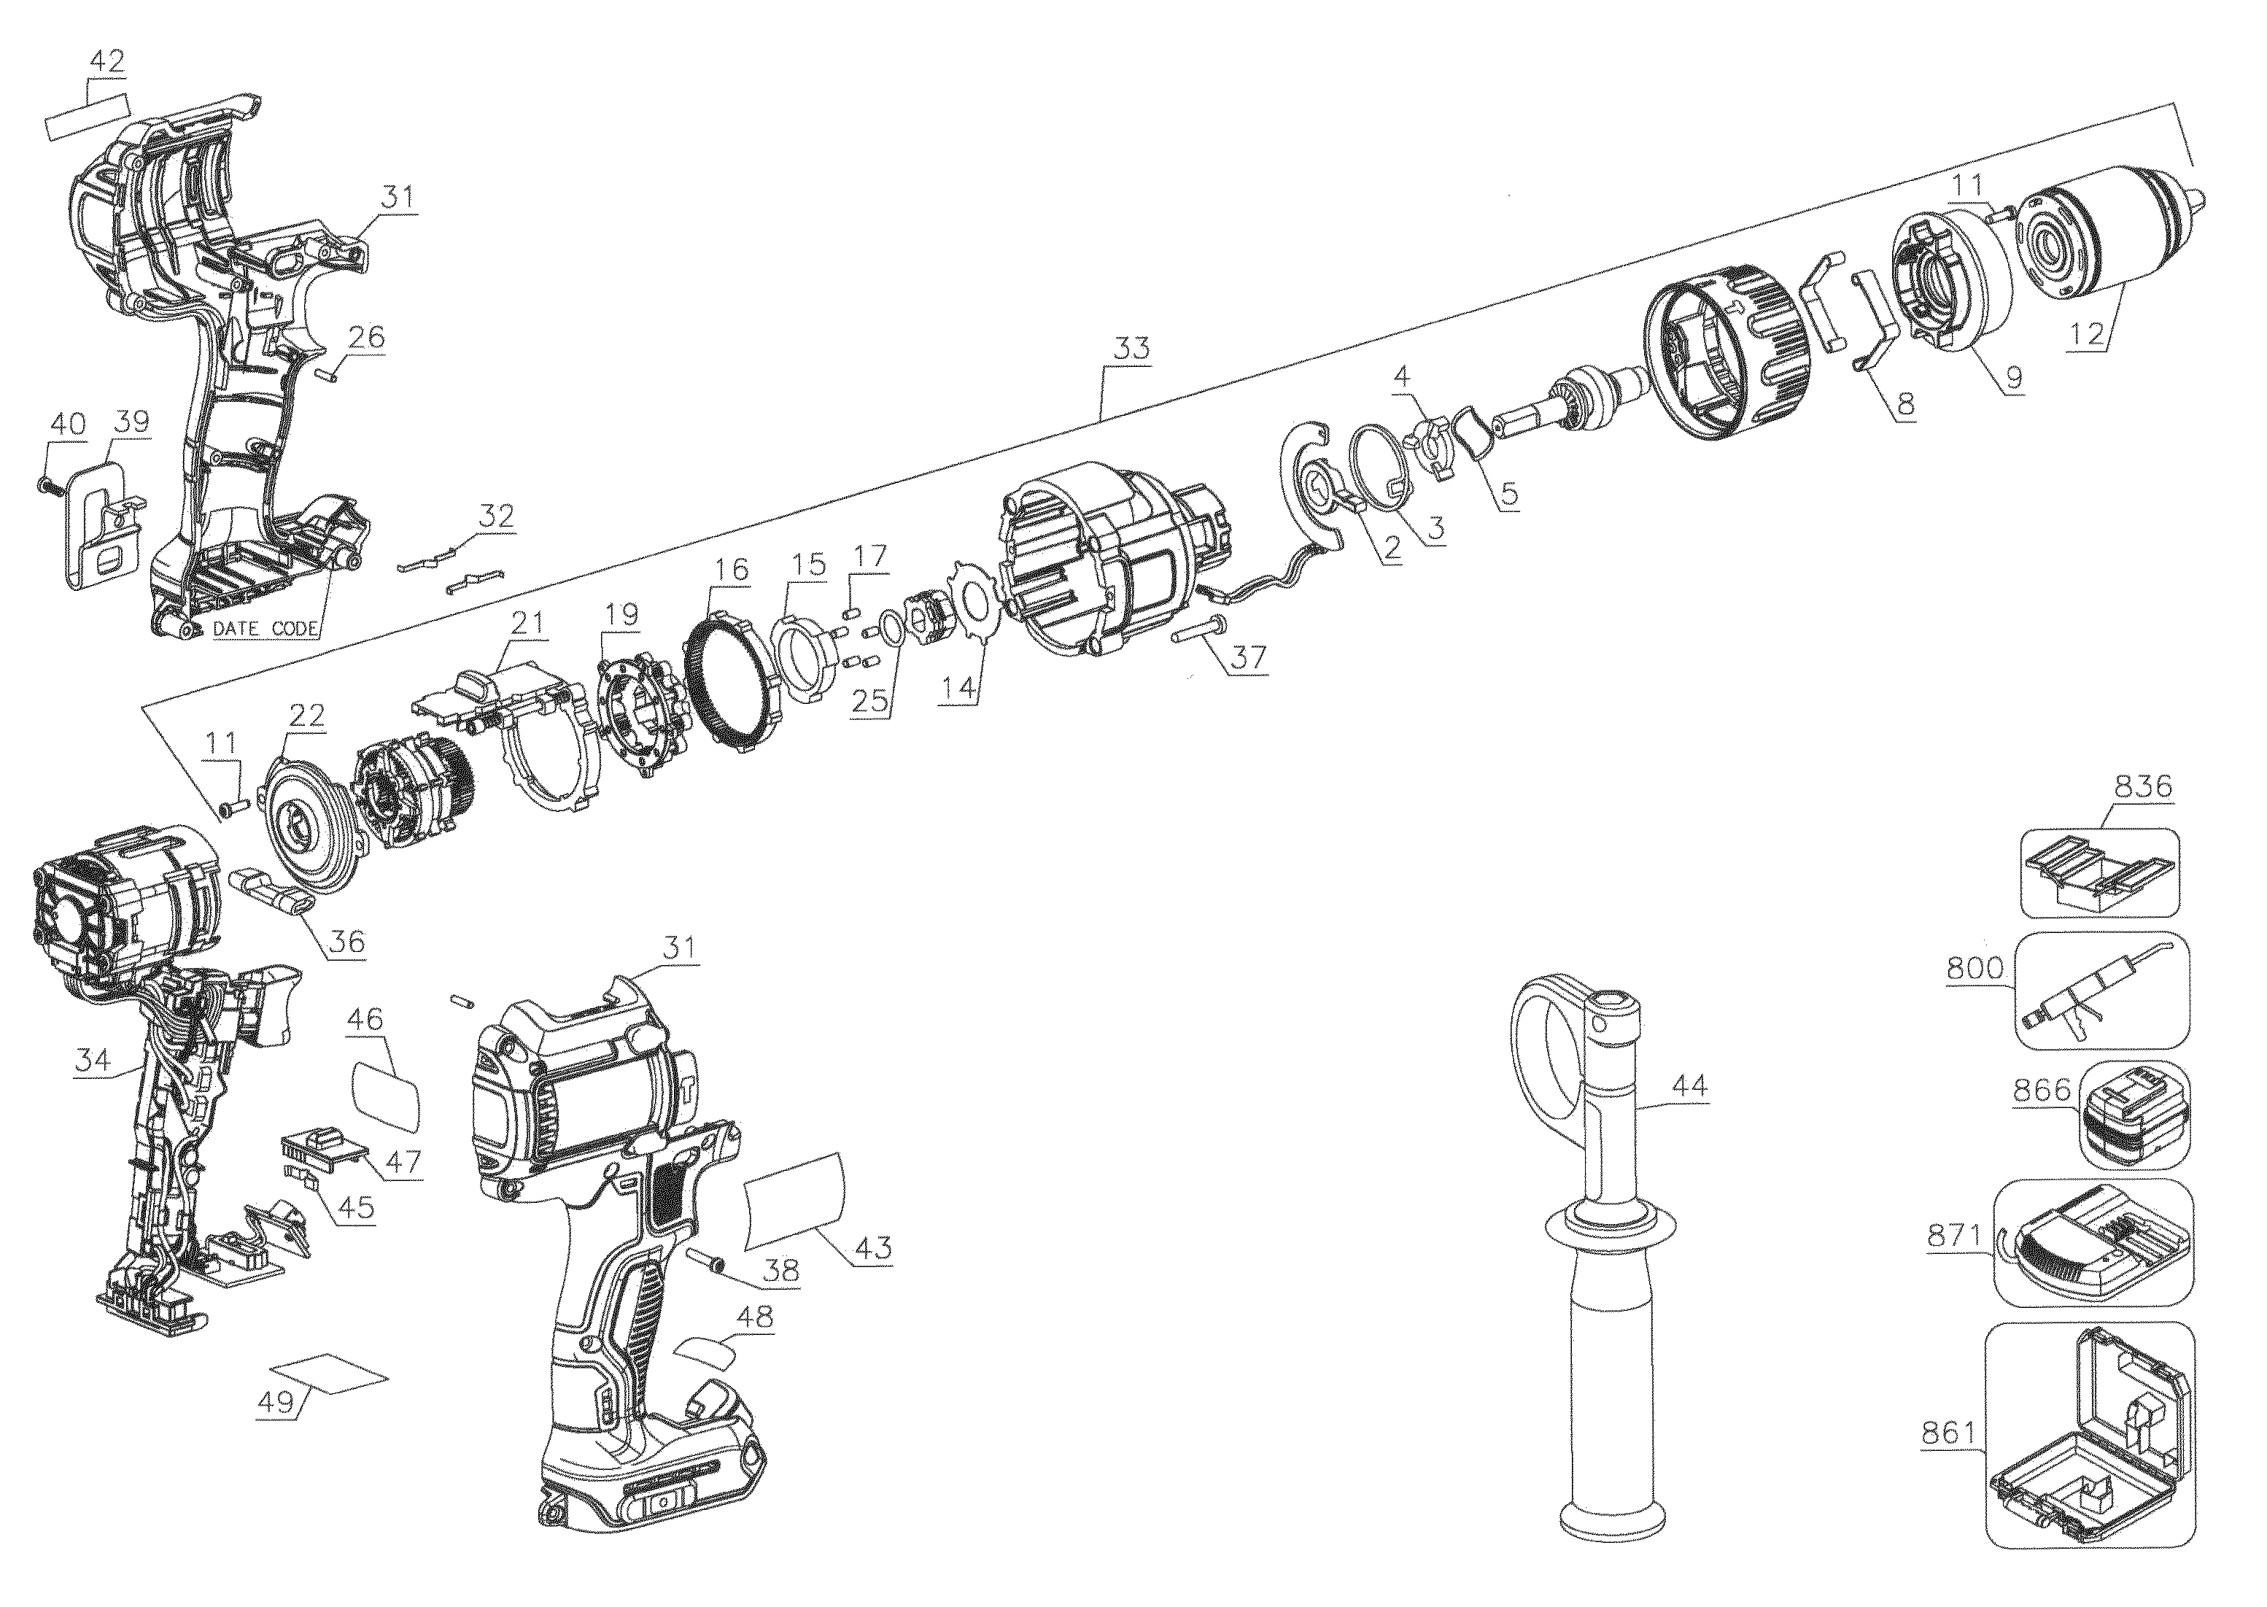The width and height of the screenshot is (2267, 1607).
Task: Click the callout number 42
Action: [x=107, y=61]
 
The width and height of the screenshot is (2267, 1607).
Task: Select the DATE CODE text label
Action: [x=266, y=628]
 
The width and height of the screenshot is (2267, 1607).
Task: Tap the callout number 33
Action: [x=1131, y=348]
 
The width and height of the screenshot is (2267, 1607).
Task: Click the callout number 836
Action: [x=2142, y=786]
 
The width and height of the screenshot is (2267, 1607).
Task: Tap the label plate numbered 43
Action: [x=797, y=1199]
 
